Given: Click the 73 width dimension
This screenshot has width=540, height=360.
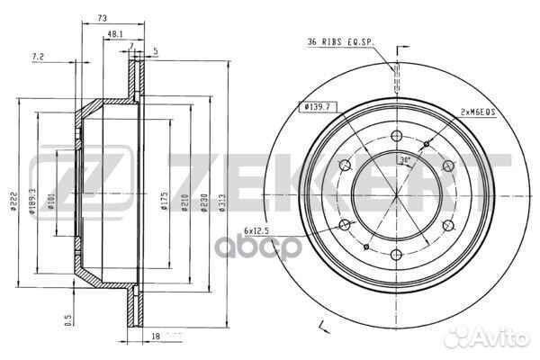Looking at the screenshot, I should [103, 18].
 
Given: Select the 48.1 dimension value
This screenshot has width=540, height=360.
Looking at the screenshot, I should [115, 34].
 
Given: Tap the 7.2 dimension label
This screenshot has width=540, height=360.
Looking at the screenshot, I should [38, 57].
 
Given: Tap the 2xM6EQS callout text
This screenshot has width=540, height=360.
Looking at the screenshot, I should [477, 112].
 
